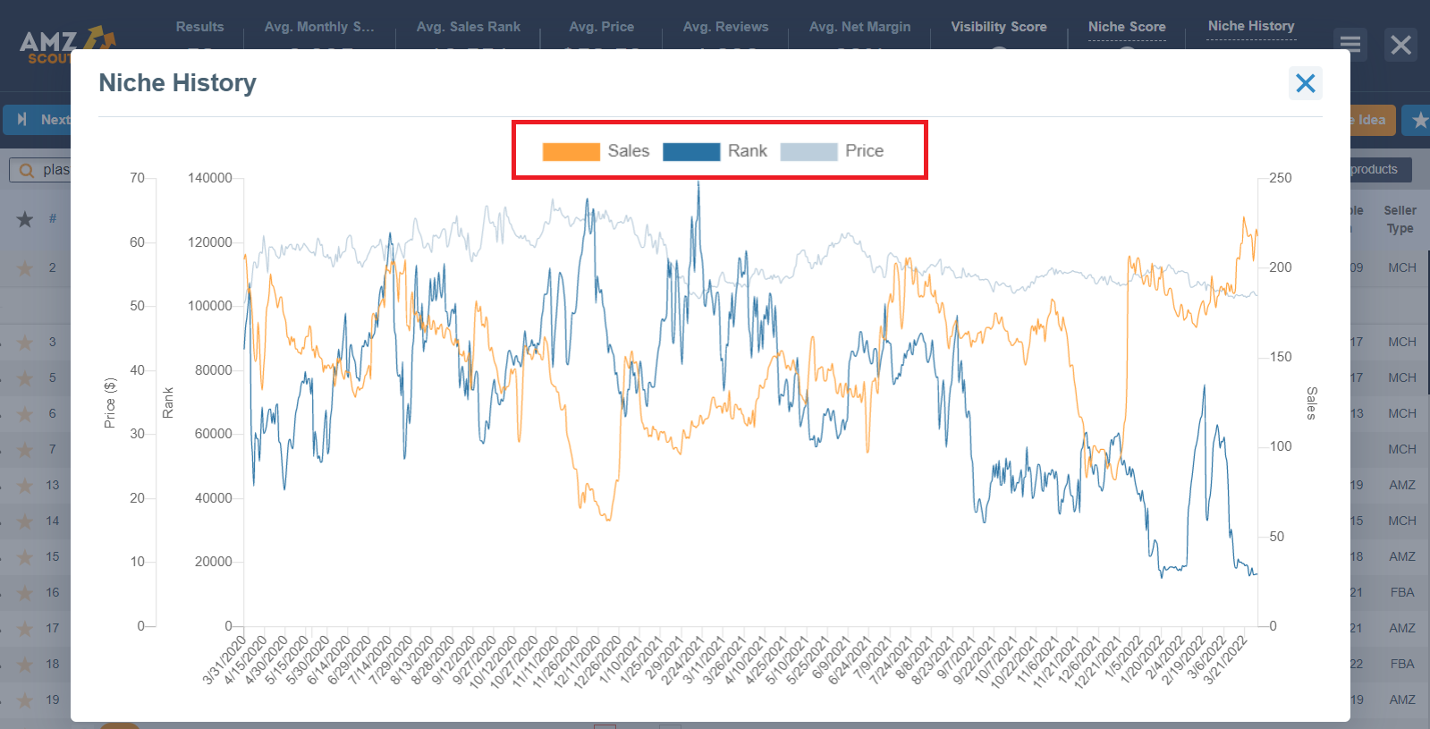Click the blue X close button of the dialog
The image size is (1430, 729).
(x=1305, y=83)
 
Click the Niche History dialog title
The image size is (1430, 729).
(x=177, y=83)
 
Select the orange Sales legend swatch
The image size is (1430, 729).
(x=571, y=151)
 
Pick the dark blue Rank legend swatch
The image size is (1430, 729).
(x=690, y=151)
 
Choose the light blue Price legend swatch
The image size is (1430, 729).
(x=808, y=151)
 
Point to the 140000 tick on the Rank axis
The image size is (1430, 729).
(x=210, y=178)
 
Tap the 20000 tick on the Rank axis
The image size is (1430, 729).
(x=214, y=562)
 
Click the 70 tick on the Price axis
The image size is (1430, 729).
(x=137, y=178)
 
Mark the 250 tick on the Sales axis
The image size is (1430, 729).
(x=1281, y=178)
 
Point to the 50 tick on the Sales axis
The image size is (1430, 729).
(x=1277, y=537)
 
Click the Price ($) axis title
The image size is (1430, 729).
(x=110, y=403)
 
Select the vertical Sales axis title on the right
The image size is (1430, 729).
(x=1311, y=403)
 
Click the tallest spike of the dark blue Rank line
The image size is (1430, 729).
(x=698, y=184)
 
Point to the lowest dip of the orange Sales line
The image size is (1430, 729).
(x=608, y=519)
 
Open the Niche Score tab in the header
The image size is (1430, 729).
(x=1127, y=27)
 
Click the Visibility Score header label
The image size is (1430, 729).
(x=998, y=27)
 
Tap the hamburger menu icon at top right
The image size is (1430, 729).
(x=1350, y=44)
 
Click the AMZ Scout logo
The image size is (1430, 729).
(x=63, y=45)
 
